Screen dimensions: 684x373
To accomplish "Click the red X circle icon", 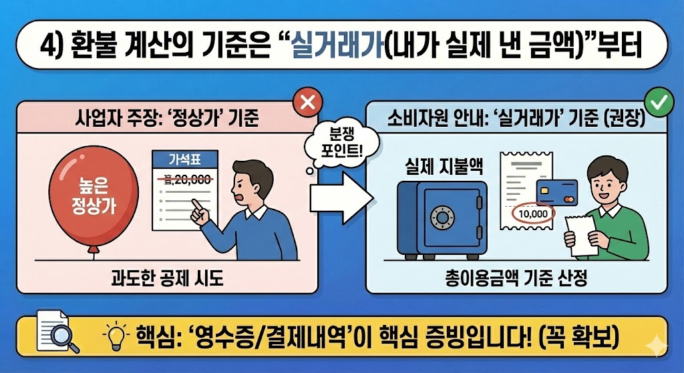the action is coord(308,103).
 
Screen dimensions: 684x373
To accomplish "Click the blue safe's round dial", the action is coord(442,216).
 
